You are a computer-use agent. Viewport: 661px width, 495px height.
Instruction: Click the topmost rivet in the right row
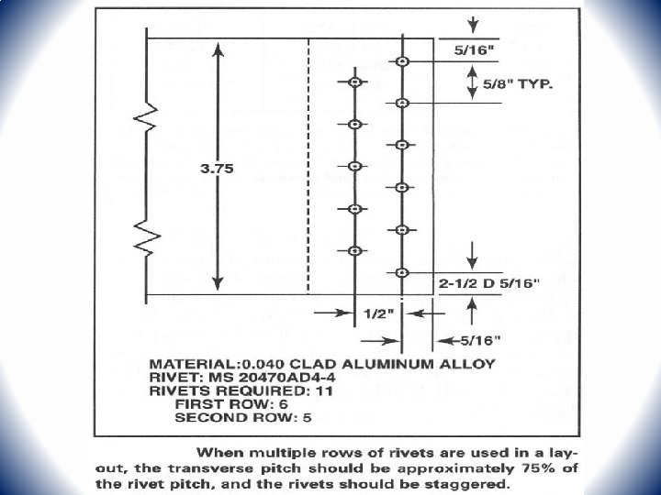point(402,61)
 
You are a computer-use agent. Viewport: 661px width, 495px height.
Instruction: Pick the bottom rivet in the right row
point(402,272)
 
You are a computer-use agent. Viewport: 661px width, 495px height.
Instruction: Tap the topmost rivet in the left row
point(354,82)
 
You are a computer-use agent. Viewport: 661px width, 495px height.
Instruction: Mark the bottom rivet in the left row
point(354,250)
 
